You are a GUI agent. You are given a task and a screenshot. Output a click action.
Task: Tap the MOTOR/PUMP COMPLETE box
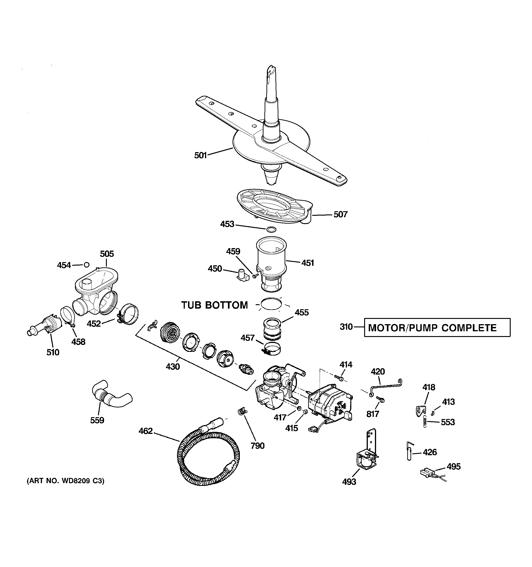[x=437, y=328]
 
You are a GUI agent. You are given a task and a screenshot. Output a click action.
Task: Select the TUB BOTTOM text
[x=214, y=305]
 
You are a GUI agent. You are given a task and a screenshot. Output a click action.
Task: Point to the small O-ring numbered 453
[x=271, y=229]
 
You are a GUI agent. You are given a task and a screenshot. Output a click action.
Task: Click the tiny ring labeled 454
[x=86, y=265]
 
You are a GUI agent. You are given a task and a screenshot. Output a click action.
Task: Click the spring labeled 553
[x=425, y=422]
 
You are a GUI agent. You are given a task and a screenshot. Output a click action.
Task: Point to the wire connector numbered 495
[x=427, y=473]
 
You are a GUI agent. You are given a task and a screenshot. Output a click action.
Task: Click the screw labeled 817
[x=380, y=399]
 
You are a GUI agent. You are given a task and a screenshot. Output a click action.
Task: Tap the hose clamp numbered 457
[x=271, y=349]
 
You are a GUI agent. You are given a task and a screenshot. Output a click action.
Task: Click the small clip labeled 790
[x=242, y=411]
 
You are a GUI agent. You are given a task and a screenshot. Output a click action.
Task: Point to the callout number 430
[x=173, y=367]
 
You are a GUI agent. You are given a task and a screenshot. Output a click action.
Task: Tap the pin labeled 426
[x=409, y=452]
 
